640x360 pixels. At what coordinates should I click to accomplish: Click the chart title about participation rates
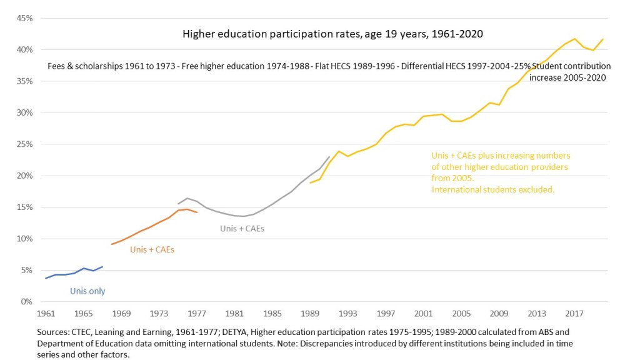[332, 34]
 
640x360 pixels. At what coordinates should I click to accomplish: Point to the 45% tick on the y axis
[24, 18]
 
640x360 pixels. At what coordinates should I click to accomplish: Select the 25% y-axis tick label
[24, 144]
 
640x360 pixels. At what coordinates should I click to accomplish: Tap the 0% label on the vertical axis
[27, 302]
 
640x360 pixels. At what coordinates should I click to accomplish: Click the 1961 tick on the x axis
[46, 313]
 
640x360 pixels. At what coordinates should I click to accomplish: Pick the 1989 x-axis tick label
[310, 313]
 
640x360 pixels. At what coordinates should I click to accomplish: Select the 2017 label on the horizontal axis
[574, 313]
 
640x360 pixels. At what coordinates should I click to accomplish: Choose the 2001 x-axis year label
[423, 313]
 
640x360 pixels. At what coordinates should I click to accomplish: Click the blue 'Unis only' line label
[87, 291]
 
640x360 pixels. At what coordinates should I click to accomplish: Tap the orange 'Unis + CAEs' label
[152, 250]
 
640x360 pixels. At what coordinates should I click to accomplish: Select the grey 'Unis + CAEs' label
[242, 229]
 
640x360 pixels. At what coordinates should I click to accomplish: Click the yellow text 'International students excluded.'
[493, 189]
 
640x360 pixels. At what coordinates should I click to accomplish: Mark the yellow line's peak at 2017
[574, 39]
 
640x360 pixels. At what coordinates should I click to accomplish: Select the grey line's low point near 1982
[242, 216]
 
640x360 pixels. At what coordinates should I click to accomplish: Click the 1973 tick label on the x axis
[159, 313]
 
